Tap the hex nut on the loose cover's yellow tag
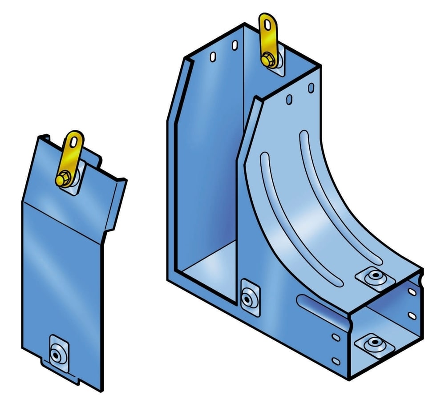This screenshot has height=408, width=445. click(62, 178)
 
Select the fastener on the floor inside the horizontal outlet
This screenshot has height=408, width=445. click(372, 343)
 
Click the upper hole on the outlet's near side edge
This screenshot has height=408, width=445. click(337, 337)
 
